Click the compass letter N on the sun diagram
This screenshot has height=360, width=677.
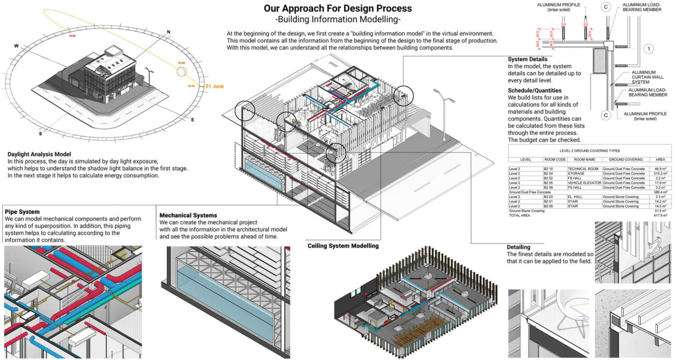tap(168, 32)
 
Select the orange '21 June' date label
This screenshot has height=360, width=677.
tap(215, 86)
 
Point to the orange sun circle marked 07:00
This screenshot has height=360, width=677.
tap(181, 70)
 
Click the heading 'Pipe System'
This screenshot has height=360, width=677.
tap(22, 212)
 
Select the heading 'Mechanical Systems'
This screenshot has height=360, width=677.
tap(188, 215)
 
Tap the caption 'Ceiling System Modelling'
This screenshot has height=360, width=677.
tap(343, 245)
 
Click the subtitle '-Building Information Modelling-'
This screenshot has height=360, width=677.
tap(337, 20)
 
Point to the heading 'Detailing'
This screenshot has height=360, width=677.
tap(519, 246)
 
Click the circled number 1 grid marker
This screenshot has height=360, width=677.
tap(648, 49)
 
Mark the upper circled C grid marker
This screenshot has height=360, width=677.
tap(606, 7)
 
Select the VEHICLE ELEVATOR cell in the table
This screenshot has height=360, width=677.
tap(584, 183)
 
